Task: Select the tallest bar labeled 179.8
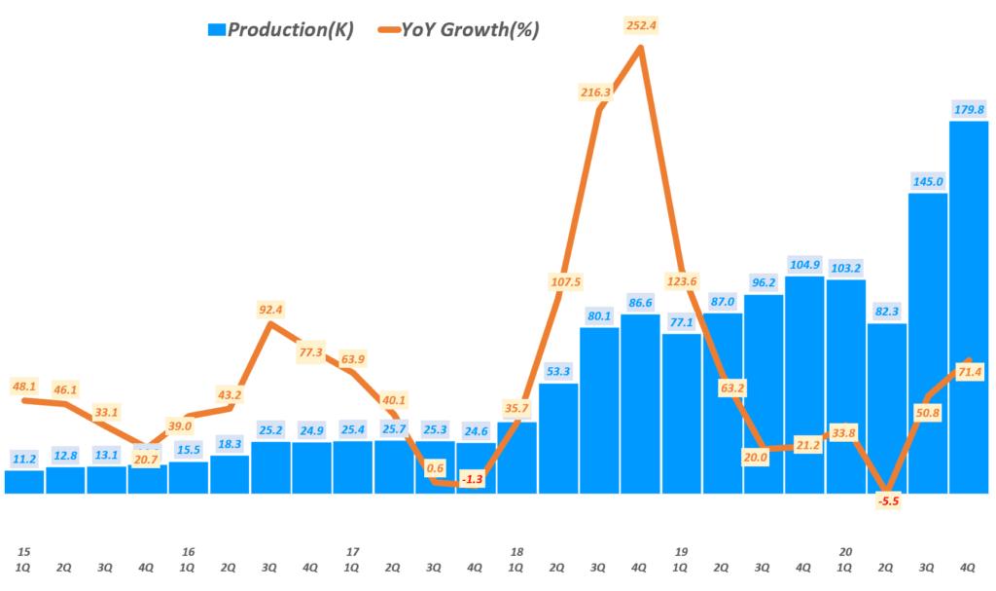click(968, 307)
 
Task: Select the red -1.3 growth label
click(473, 479)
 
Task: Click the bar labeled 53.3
click(558, 438)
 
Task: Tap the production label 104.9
click(804, 265)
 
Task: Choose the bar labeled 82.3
click(886, 408)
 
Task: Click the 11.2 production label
click(24, 459)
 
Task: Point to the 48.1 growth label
click(24, 386)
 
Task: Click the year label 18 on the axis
click(516, 551)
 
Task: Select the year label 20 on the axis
click(845, 551)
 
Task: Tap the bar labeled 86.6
click(640, 403)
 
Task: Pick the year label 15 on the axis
click(23, 551)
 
